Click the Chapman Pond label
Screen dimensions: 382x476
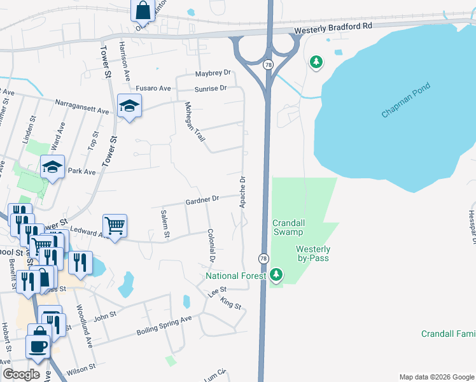(406, 100)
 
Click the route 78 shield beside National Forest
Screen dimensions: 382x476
(263, 258)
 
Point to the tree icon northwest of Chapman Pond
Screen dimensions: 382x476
(315, 62)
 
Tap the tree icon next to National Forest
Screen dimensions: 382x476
(276, 275)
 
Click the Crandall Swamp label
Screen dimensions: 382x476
(293, 228)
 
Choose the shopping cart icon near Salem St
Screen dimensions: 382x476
(115, 225)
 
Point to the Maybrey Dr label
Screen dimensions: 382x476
(213, 74)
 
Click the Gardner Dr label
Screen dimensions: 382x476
(202, 200)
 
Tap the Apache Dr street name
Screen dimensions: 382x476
(242, 192)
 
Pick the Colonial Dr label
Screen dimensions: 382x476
(211, 246)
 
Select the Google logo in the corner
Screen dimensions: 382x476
(21, 374)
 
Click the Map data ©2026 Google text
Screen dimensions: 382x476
(435, 377)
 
